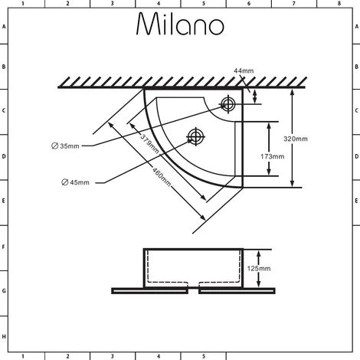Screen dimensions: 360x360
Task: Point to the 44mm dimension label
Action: (x=243, y=71)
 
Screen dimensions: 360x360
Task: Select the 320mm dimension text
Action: (x=296, y=139)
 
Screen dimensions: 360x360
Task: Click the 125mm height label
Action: (x=260, y=268)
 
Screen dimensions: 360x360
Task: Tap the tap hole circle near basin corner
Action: (x=227, y=103)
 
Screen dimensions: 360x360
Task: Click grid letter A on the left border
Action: (x=4, y=26)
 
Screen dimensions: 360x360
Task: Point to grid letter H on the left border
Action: (x=4, y=337)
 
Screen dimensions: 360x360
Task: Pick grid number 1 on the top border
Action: (x=23, y=4)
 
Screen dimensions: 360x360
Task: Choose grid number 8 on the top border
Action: (x=338, y=4)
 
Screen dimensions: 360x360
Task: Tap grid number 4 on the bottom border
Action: (x=159, y=355)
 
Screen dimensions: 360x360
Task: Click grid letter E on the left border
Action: (x=4, y=201)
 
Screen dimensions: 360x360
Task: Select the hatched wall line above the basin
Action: (x=181, y=81)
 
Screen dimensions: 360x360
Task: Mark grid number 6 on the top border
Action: (x=248, y=4)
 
